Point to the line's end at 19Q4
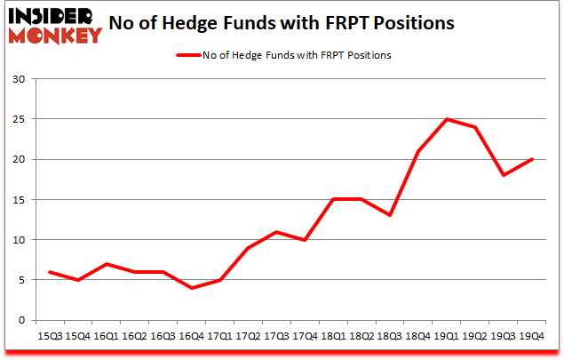point(533,159)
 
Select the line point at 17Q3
point(276,232)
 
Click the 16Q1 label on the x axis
point(106,337)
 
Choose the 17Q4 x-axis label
point(303,337)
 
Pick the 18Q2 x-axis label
point(359,337)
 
